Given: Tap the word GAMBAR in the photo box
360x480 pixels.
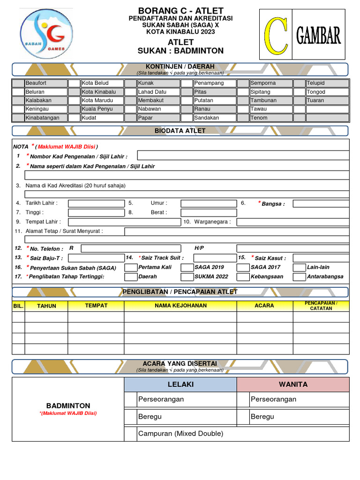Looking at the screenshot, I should coord(318,36).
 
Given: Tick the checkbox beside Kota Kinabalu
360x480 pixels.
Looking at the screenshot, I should coord(74,92).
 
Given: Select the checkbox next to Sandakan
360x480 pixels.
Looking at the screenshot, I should coord(187,118).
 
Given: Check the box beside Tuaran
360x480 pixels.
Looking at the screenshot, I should coord(299,100).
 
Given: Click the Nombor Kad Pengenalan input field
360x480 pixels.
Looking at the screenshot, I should coord(243,156).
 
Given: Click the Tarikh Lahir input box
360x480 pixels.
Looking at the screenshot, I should coord(96,203).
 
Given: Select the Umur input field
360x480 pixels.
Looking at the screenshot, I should coord(208,203).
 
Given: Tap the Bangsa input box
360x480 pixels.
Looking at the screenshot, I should coord(321,203).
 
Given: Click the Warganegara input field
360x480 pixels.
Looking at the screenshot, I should coord(292,222).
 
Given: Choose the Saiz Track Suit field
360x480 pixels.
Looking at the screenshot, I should coord(208,258).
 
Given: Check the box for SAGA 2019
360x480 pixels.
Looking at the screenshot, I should coord(187,268).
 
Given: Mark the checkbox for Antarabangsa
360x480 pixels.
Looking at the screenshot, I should coord(299,277).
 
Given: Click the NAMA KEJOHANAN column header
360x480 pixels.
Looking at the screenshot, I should coord(180,306).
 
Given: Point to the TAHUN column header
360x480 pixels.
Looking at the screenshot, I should coord(46,306).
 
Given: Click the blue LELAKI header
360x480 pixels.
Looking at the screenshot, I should coord(180,384).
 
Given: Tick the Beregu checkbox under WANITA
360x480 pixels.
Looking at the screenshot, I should coord(243,417).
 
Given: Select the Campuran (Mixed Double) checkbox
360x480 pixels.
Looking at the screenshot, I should coord(130,434).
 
